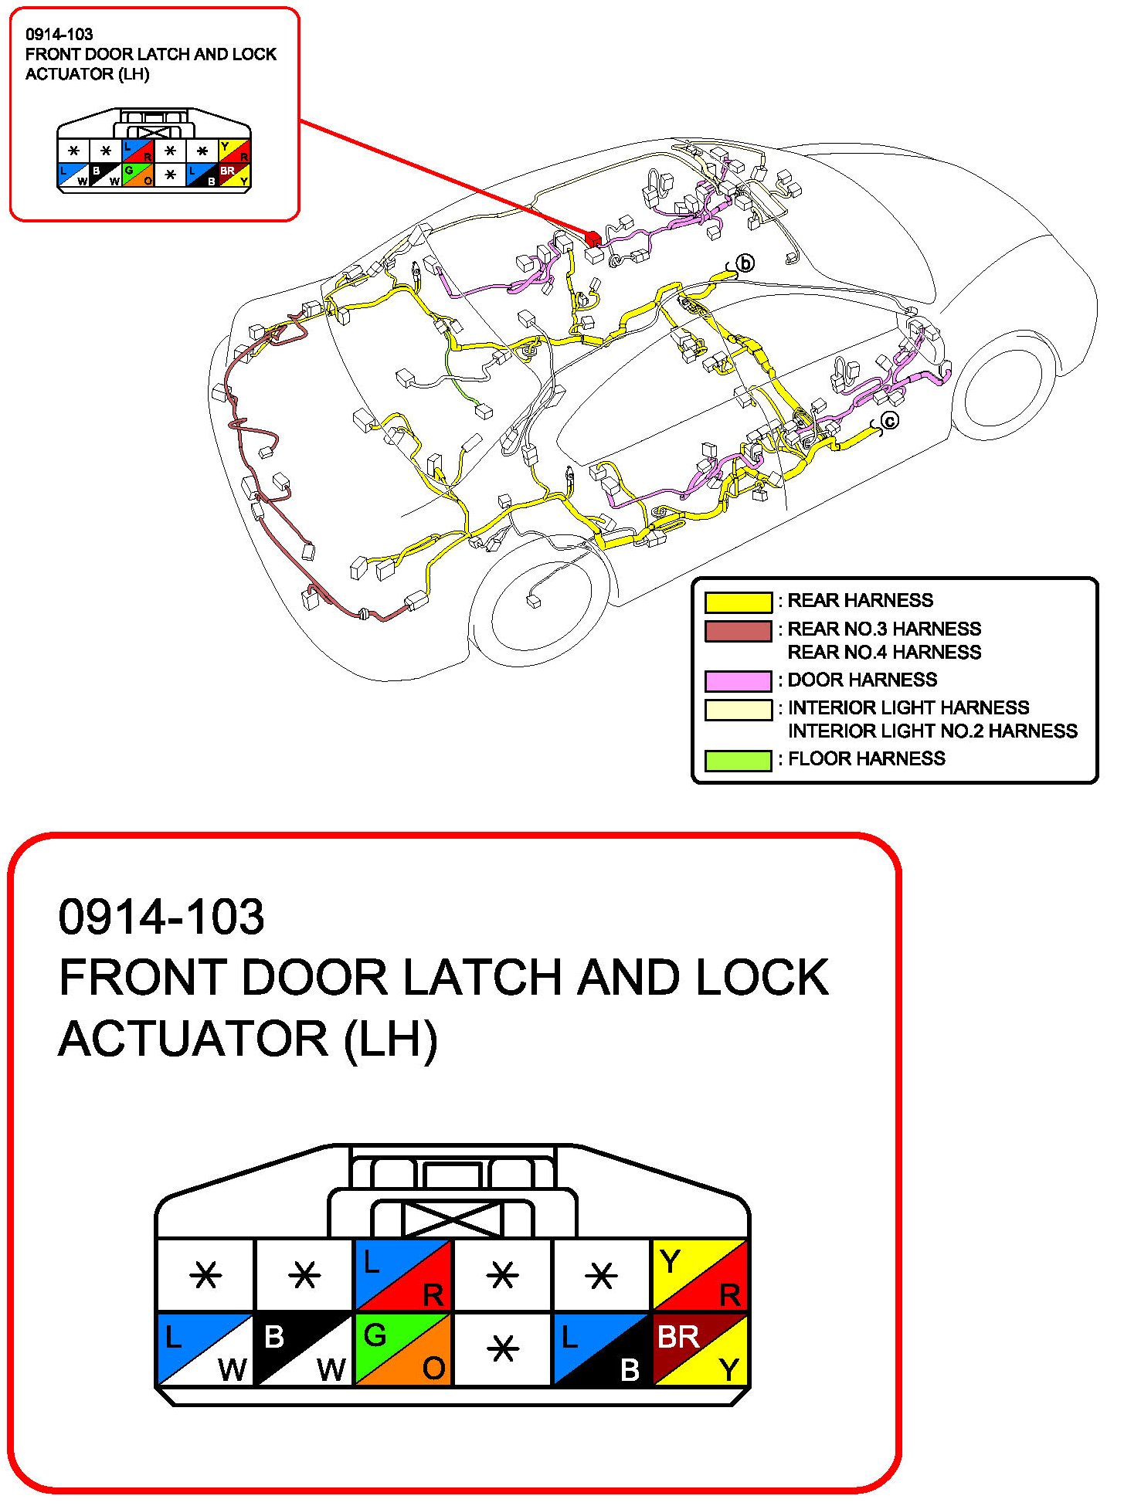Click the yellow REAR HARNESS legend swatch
(x=738, y=602)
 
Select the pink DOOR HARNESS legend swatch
(x=738, y=680)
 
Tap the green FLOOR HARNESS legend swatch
(x=738, y=760)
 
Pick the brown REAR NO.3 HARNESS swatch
(x=738, y=631)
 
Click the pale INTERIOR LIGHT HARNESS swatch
(x=738, y=709)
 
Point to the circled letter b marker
(x=745, y=263)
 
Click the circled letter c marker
(x=890, y=421)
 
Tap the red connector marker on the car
(x=593, y=238)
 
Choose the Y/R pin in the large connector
(x=700, y=1275)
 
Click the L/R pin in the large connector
(x=403, y=1275)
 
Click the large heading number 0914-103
(x=161, y=917)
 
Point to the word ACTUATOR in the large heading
(x=193, y=1039)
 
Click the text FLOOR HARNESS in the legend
(x=866, y=759)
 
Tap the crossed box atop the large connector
(x=452, y=1220)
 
